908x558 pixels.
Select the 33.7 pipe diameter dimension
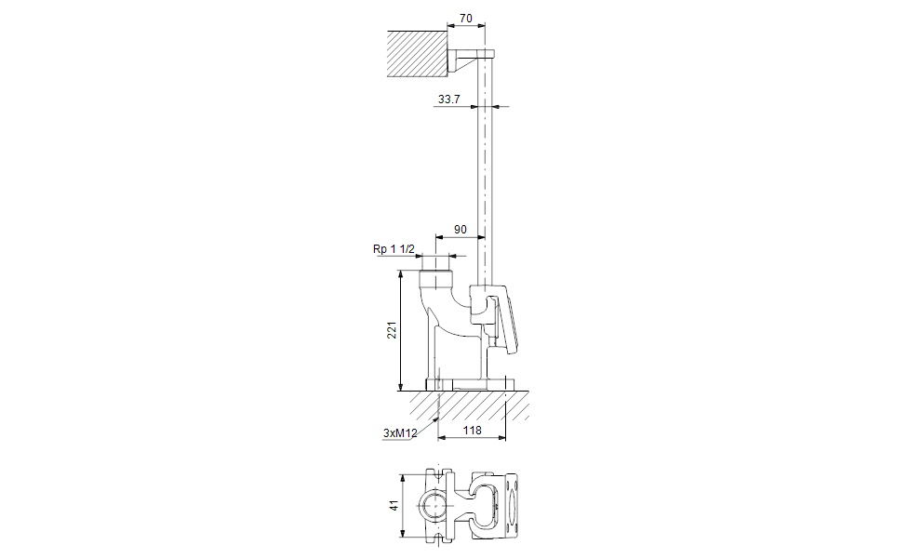pos(448,99)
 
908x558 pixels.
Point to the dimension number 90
pos(460,229)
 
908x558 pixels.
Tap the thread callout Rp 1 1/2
pos(393,249)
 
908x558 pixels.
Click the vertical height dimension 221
pos(393,330)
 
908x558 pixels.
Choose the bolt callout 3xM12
pos(399,433)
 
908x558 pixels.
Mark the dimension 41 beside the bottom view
pos(394,505)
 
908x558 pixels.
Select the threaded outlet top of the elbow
pos(434,278)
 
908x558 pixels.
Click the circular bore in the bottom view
pos(434,505)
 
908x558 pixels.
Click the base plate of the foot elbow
pos(470,384)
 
